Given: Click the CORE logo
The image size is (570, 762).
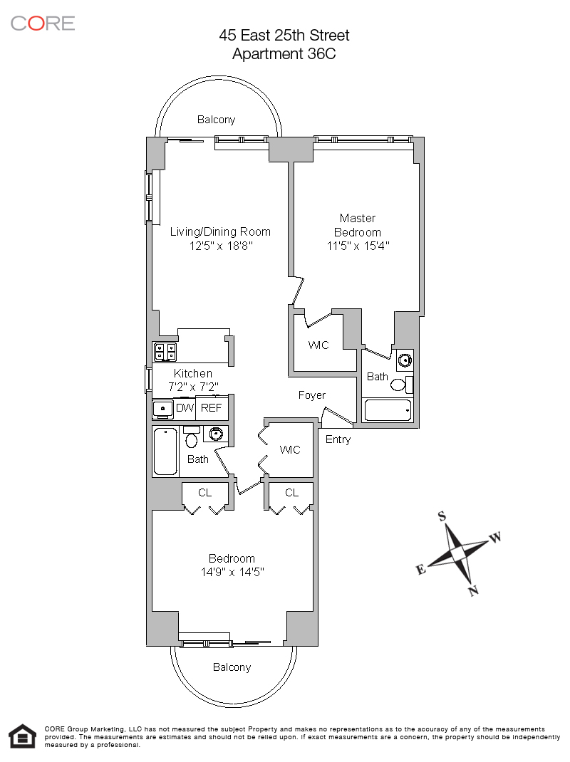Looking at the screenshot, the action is [43, 24].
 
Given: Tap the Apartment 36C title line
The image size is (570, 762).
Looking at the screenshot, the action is [284, 53].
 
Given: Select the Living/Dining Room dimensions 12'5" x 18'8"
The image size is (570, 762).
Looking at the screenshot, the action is [221, 246].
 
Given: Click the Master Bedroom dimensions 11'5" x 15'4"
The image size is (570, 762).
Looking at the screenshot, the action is [358, 246].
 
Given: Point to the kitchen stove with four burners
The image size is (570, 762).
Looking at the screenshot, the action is [165, 352].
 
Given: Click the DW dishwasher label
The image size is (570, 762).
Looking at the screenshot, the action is [185, 408].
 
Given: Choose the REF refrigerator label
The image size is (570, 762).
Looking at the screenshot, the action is [211, 408].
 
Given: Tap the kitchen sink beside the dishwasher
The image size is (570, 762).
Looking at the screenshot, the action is [163, 409].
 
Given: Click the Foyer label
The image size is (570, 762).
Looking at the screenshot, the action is [312, 395].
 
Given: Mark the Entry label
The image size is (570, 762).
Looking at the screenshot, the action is [338, 439].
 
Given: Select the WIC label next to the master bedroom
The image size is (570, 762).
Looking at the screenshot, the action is [318, 345].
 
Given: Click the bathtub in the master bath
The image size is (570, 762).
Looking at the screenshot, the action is [388, 410].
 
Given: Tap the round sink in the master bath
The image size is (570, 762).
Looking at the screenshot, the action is [405, 360].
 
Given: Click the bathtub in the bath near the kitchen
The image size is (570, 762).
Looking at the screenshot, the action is [165, 452].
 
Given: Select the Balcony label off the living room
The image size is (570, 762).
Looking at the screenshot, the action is [217, 120].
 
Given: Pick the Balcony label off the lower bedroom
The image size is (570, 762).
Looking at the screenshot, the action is [232, 667].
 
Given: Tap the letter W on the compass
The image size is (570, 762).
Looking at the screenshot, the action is [495, 538].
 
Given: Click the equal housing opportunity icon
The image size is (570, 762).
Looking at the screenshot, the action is [22, 736].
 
